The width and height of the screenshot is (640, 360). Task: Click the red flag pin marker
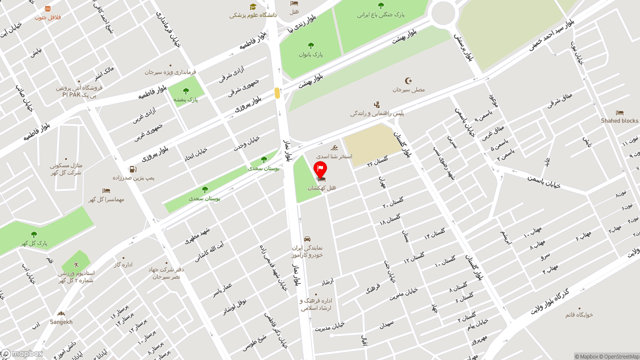[x=320, y=169]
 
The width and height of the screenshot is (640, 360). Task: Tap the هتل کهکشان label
[x=321, y=188]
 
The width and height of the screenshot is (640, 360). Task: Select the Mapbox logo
[x=22, y=354]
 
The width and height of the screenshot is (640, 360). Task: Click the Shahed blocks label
[x=619, y=120]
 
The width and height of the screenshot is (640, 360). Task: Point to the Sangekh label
[x=61, y=322]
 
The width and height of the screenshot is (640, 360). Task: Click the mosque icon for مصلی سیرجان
[x=408, y=81]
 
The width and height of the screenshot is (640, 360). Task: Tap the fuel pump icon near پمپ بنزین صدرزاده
[x=133, y=169]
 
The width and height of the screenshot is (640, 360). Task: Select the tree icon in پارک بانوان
[x=311, y=45]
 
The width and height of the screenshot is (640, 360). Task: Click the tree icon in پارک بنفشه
[x=186, y=91]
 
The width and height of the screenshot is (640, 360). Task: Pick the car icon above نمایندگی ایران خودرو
[x=307, y=239]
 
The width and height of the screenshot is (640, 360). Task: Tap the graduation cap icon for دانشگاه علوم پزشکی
[x=253, y=6]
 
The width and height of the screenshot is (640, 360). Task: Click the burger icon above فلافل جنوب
[x=47, y=8]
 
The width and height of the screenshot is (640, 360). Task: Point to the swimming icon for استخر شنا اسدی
[x=334, y=148]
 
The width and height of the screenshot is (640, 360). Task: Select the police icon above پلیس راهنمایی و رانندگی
[x=377, y=105]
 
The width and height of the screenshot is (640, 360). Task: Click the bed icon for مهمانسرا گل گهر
[x=106, y=191]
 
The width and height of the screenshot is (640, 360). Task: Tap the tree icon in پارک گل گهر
[x=34, y=234]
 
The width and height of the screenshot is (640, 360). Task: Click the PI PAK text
[x=71, y=94]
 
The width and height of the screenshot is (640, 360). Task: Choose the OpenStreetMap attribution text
[x=621, y=356]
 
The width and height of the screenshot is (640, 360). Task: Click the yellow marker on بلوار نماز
[x=277, y=93]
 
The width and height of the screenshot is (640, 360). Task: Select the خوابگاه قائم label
[x=579, y=314]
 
